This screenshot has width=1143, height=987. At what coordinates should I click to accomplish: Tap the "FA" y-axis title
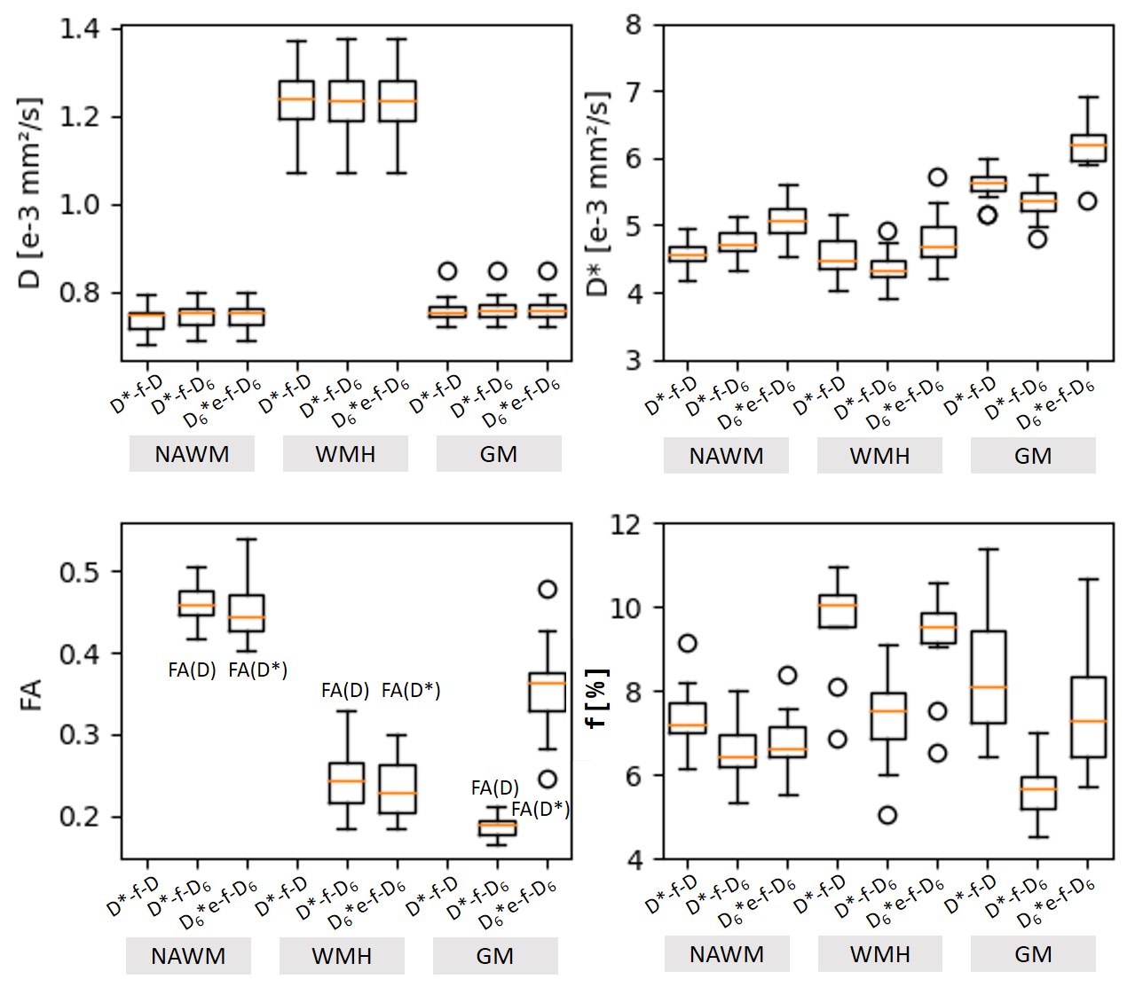[x=32, y=693]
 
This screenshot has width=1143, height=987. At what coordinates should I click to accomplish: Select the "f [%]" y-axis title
[x=598, y=698]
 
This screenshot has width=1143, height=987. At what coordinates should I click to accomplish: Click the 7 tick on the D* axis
[x=633, y=91]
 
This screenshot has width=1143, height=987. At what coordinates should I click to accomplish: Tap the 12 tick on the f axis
[x=626, y=524]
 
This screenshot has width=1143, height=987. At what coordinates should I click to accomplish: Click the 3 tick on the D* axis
[x=633, y=360]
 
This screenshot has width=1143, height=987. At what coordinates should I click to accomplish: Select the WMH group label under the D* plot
[x=879, y=456]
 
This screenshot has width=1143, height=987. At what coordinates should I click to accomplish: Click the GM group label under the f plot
[x=1033, y=954]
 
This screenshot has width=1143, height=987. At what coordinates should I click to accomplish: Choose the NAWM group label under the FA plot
[x=188, y=956]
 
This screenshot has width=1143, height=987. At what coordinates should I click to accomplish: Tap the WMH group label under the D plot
[x=345, y=454]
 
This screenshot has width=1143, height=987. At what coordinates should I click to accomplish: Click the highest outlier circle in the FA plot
[x=548, y=589]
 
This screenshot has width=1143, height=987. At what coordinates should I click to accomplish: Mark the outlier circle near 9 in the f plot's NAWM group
[x=687, y=643]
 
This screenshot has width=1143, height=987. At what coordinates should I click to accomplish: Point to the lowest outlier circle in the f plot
[x=886, y=815]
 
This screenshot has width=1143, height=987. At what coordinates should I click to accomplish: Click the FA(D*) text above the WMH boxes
[x=411, y=690]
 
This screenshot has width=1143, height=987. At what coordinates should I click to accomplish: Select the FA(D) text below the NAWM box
[x=192, y=670]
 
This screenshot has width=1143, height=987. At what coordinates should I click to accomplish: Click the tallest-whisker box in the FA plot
[x=247, y=613]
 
